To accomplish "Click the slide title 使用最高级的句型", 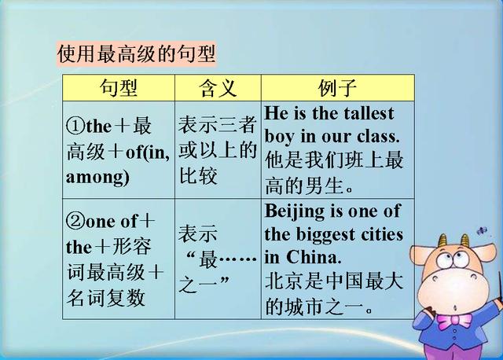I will tap(136, 54).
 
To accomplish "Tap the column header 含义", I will tap(218, 87).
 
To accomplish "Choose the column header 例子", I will tap(338, 87).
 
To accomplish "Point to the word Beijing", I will tap(292, 211).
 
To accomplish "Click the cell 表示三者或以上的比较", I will tap(217, 149).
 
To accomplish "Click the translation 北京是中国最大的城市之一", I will tap(334, 292).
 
